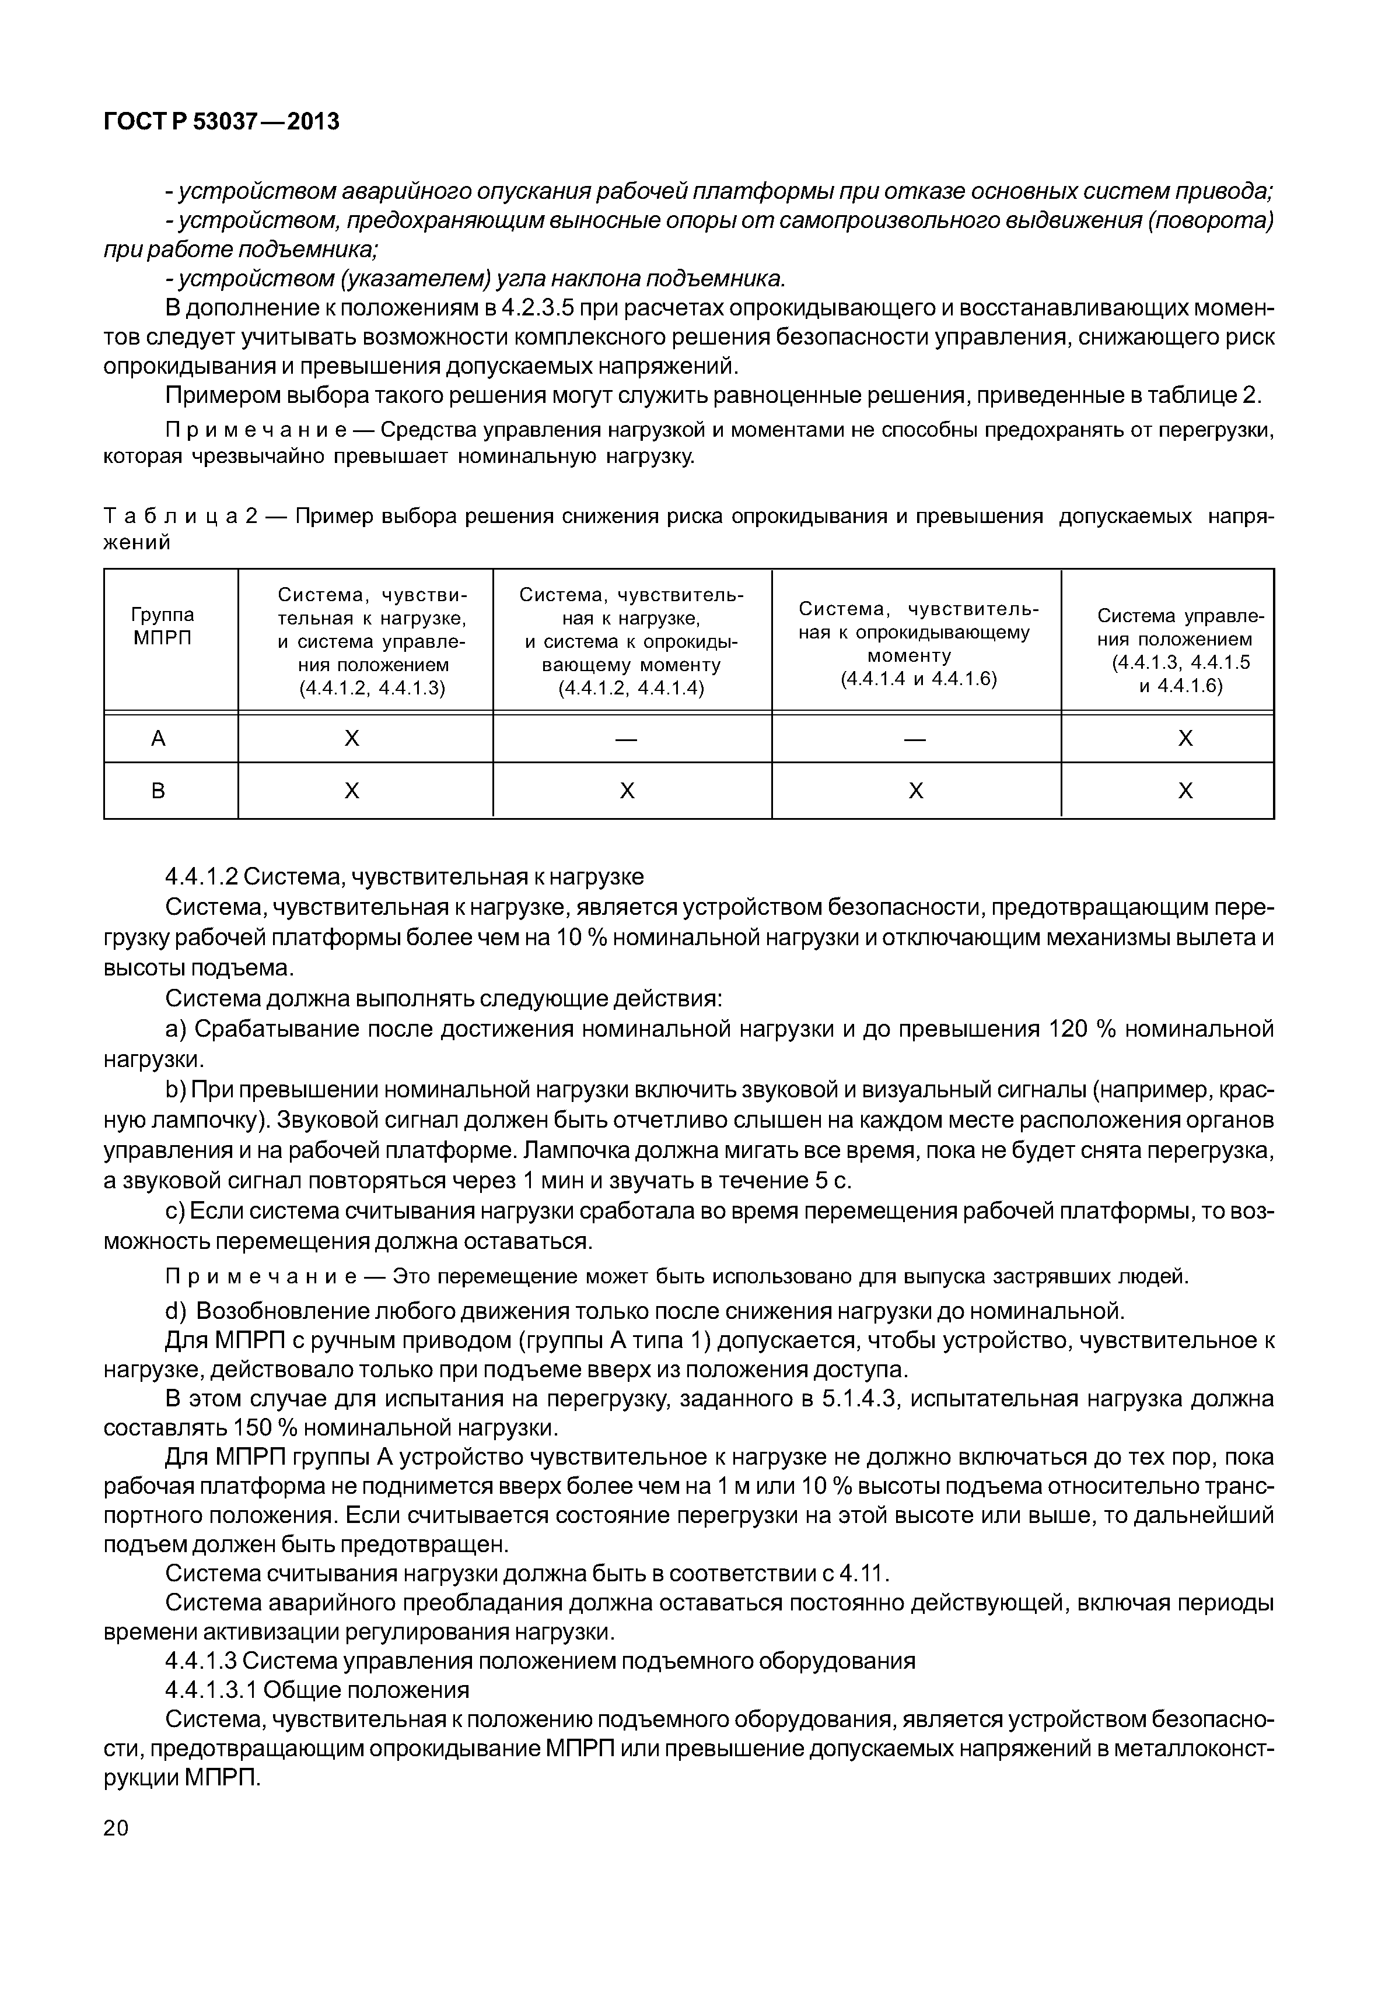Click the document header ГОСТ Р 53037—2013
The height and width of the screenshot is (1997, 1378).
click(x=221, y=122)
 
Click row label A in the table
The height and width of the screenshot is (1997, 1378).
click(x=158, y=739)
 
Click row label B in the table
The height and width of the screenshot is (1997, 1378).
click(x=158, y=791)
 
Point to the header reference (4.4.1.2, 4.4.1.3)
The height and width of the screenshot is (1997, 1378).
click(x=372, y=688)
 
